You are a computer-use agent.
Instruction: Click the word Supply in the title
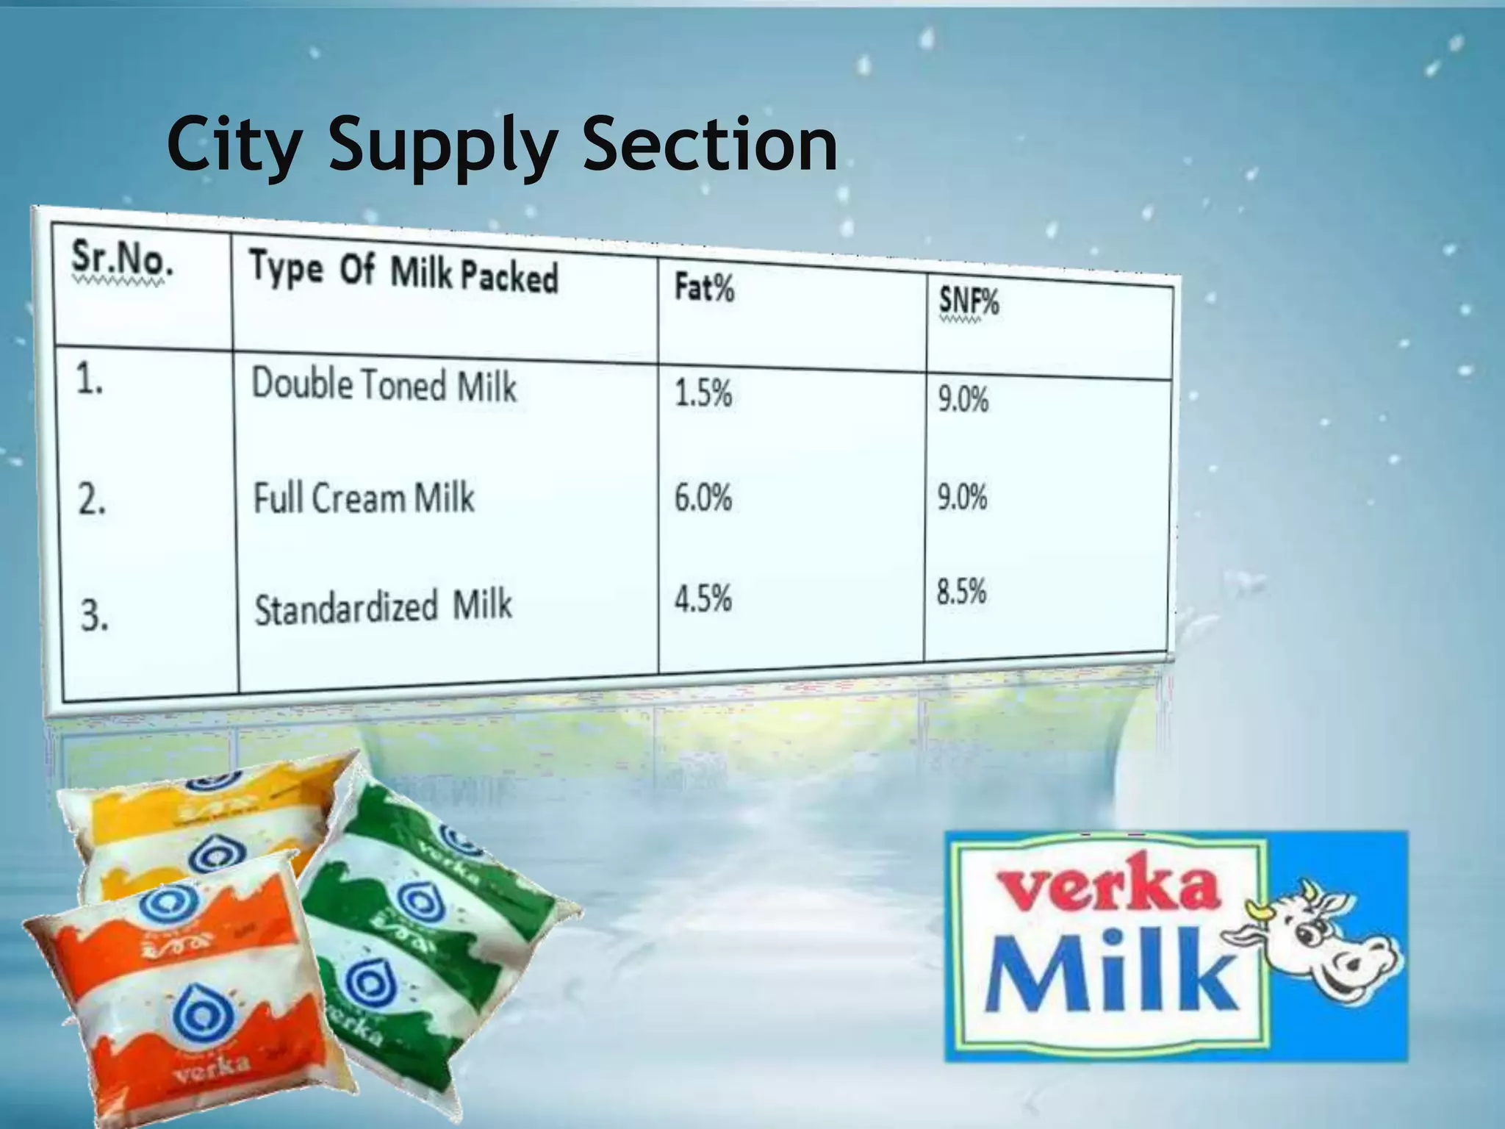441,146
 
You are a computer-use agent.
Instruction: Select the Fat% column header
704,287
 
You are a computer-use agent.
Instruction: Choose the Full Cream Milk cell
364,498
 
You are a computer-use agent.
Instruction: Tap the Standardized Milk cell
382,607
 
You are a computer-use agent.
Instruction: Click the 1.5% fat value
703,394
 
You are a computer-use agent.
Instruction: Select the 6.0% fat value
703,498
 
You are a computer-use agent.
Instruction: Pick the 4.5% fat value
703,598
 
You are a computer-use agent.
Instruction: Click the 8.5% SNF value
961,592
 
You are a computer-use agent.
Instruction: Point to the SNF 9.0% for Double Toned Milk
963,401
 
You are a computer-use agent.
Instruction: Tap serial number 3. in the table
95,616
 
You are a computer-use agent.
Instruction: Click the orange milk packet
184,992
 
